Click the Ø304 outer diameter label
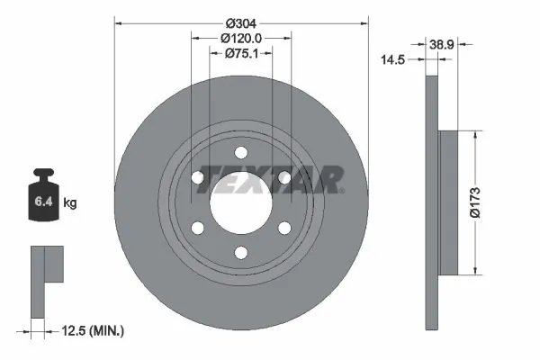click(x=241, y=22)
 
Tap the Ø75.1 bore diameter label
click(x=241, y=53)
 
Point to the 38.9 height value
click(x=441, y=43)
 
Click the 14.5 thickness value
click(x=392, y=60)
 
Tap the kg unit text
click(x=70, y=203)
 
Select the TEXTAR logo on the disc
click(x=269, y=180)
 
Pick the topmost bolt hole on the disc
click(x=241, y=152)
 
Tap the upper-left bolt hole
click(x=197, y=178)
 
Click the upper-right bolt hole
click(x=284, y=178)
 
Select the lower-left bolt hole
click(x=197, y=229)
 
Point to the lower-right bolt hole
click(x=284, y=229)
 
